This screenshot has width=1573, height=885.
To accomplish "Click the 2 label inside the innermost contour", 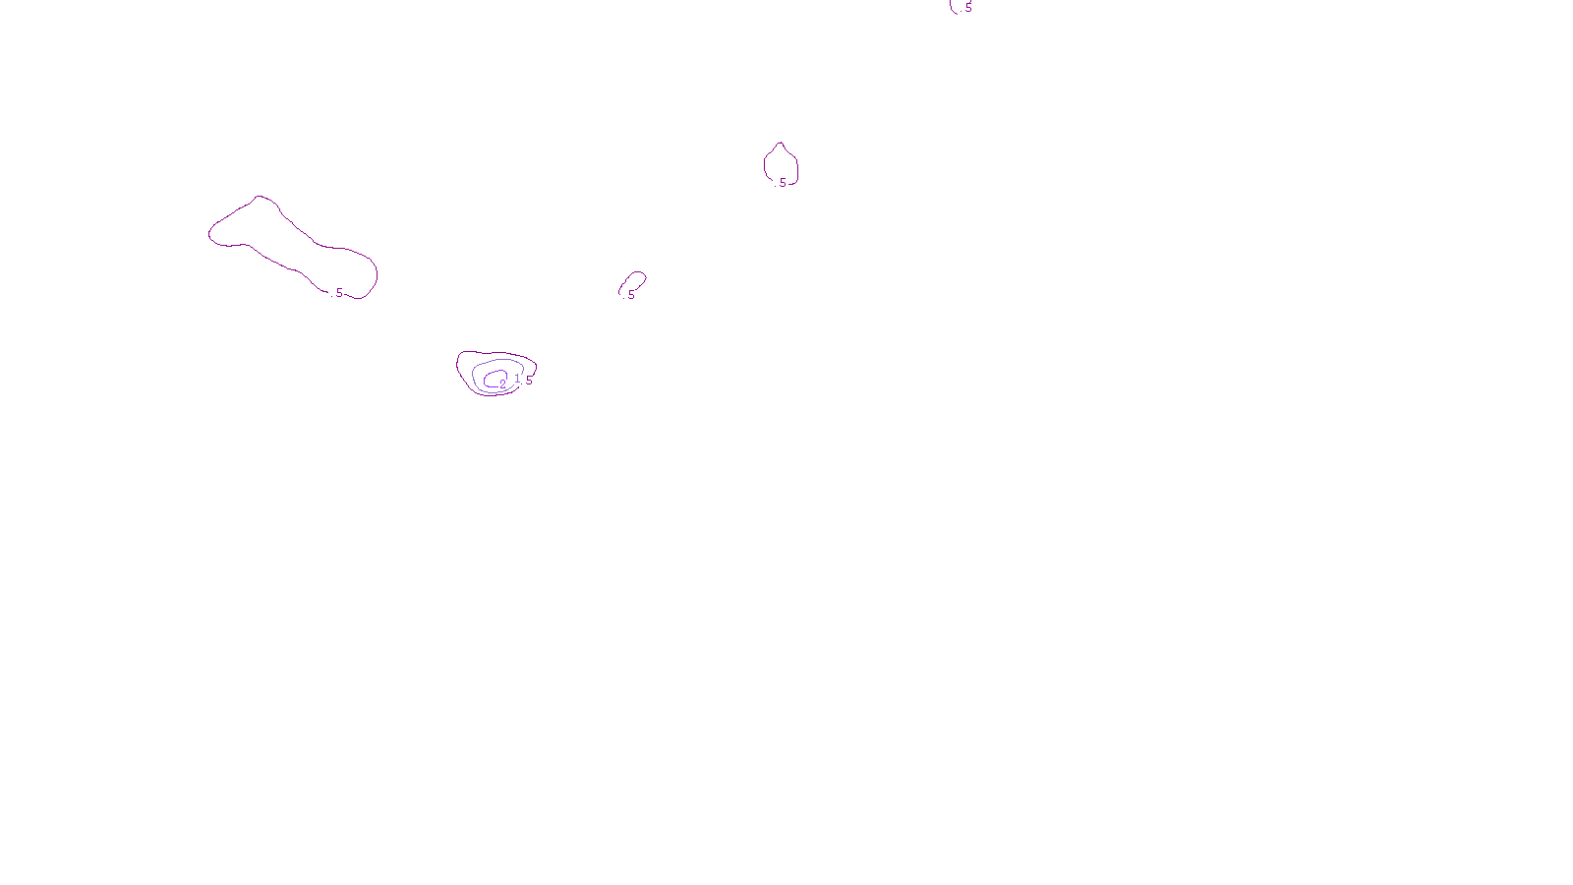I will (502, 383).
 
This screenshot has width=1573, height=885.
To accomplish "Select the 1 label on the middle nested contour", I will (517, 379).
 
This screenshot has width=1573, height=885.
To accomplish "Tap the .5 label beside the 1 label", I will (529, 381).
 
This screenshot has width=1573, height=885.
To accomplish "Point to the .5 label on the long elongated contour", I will (339, 293).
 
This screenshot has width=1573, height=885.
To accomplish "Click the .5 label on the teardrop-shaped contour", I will (783, 183).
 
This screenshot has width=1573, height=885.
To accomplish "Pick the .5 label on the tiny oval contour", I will (631, 294).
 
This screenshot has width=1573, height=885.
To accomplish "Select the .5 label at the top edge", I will (967, 8).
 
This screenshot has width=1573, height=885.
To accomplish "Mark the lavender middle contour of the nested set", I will (473, 375).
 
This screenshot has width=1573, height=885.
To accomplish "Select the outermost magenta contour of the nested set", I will (458, 366).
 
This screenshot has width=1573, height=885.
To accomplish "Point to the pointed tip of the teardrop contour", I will (781, 144).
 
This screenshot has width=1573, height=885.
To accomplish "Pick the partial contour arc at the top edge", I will (953, 9).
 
